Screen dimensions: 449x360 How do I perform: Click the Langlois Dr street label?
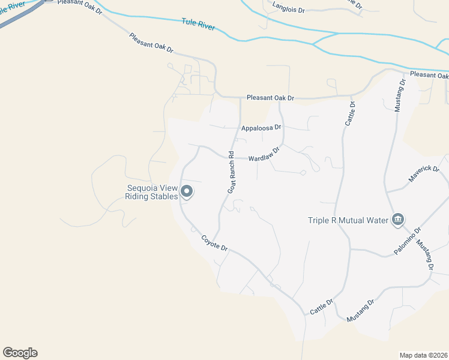(289, 7)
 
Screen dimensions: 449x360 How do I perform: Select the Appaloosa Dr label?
(261, 128)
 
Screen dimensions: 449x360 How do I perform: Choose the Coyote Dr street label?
(214, 243)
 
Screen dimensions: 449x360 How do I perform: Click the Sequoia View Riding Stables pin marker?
(186, 192)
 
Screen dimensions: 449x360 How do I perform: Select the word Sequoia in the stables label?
(142, 187)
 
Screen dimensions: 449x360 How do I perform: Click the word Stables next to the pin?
(164, 196)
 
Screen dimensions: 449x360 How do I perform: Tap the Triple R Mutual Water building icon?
(397, 220)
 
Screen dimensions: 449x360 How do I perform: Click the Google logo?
(20, 353)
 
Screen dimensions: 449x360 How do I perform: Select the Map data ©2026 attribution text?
(423, 355)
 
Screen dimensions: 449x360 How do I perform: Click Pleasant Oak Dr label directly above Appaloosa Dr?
(271, 98)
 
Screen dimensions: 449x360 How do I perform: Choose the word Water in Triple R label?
(378, 220)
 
